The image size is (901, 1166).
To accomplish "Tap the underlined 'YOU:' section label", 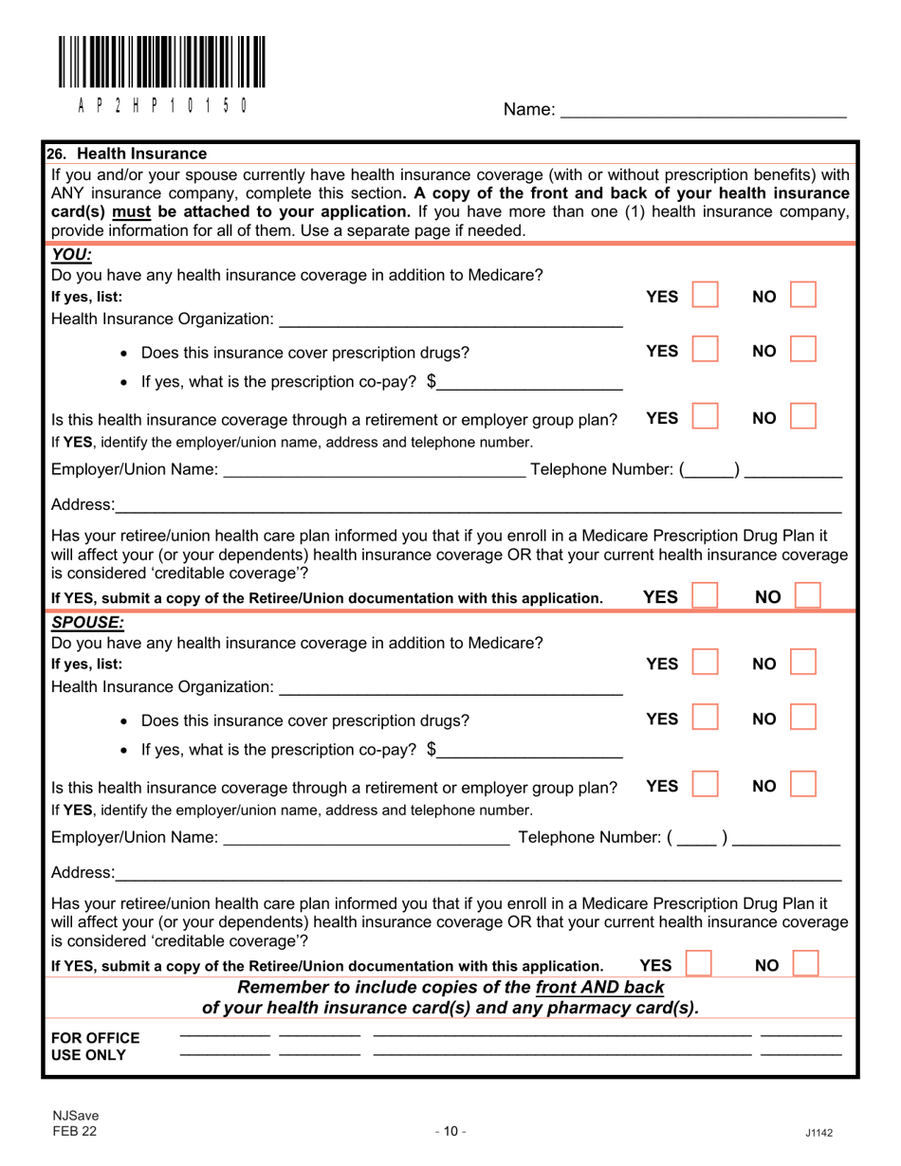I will pos(68,255).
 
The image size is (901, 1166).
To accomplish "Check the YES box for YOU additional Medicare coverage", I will pos(704,298).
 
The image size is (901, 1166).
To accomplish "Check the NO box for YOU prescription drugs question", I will pos(803,352).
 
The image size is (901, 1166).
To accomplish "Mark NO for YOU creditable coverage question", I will pos(806,596).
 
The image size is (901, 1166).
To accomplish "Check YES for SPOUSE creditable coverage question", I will pos(699,965).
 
